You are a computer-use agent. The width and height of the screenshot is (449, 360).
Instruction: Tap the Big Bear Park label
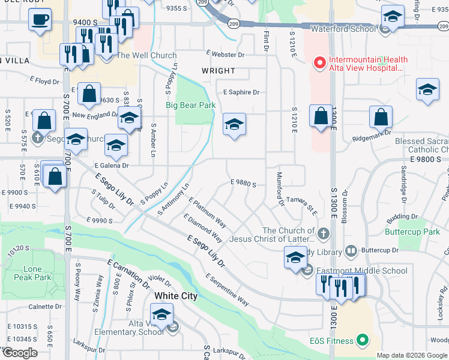click(x=190, y=105)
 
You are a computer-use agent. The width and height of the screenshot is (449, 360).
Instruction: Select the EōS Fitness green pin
click(x=362, y=341)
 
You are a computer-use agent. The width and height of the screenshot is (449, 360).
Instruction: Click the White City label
click(x=176, y=296)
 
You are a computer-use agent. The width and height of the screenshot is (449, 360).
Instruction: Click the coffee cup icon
click(x=40, y=19)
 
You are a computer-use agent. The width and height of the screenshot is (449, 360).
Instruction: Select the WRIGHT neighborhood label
click(x=218, y=71)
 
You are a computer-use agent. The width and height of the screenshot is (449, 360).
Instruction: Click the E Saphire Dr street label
click(x=241, y=92)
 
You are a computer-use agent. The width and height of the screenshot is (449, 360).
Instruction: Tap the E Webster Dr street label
click(x=225, y=55)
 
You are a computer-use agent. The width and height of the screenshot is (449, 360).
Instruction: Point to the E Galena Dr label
click(x=111, y=166)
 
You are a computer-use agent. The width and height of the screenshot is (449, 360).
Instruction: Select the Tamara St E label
click(x=301, y=203)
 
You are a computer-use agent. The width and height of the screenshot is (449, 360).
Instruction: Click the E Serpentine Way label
click(x=227, y=289)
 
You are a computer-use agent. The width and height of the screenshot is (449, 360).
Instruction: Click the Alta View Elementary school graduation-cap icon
click(x=161, y=314)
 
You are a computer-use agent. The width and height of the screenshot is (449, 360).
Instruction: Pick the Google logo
click(x=19, y=353)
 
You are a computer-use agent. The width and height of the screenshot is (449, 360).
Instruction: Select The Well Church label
click(x=146, y=56)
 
